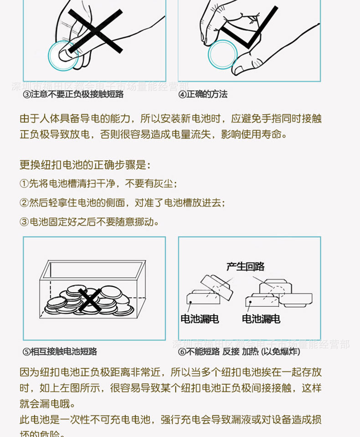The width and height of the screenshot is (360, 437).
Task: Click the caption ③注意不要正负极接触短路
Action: pyautogui.click(x=73, y=94)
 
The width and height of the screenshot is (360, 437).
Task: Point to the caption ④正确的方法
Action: pyautogui.click(x=203, y=94)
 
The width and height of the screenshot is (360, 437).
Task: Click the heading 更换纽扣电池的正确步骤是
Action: pyautogui.click(x=85, y=165)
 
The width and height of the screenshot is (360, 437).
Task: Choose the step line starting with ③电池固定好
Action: pyautogui.click(x=89, y=222)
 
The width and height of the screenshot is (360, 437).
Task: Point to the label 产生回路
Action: pyautogui.click(x=245, y=267)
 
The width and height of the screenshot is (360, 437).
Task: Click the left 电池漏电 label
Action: pyautogui.click(x=200, y=319)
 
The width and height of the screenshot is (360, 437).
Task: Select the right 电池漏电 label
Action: pyautogui.click(x=261, y=319)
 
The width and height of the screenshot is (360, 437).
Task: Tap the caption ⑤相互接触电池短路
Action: pyautogui.click(x=60, y=351)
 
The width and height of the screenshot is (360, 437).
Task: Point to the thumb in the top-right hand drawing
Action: pyautogui.click(x=244, y=66)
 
